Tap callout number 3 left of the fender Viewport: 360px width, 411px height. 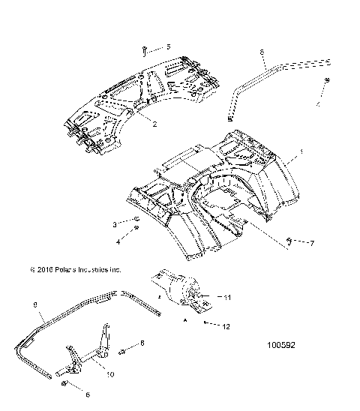[x=115, y=224]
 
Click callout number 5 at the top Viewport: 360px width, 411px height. [x=168, y=46]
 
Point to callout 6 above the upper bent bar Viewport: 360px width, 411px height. [x=262, y=52]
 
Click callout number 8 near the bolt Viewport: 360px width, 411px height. [x=142, y=343]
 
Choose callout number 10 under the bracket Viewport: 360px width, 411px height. [x=111, y=373]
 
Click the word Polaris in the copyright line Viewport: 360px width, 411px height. [x=67, y=268]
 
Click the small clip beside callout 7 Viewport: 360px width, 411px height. [x=289, y=241]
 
